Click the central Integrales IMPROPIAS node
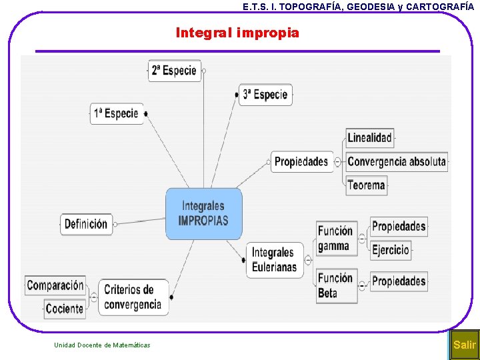pos(203,213)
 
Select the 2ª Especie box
pos(174,71)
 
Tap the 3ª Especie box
pos(265,95)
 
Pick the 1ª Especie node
pos(117,113)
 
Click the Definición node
pos(86,224)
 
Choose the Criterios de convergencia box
pos(133,297)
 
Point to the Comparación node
pos(55,285)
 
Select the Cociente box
pos(65,308)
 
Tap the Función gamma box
pos(335,238)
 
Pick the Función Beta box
pos(336,285)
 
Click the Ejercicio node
pos(391,250)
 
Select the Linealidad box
pos(370,138)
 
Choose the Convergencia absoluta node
pos(396,161)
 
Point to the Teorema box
pos(367,185)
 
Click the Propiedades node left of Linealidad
pos(301,161)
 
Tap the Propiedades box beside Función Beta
pos(399,281)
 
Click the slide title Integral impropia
pos(237,33)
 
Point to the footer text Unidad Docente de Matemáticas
pos(102,345)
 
